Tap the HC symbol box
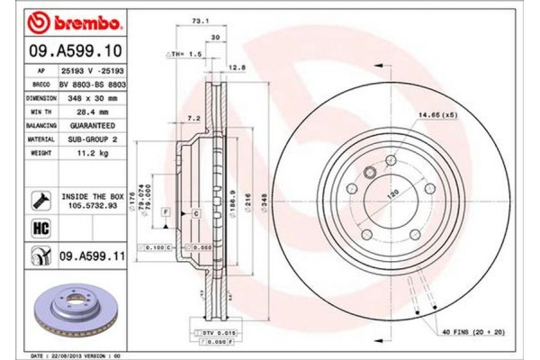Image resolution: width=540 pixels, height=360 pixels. [40, 229]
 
